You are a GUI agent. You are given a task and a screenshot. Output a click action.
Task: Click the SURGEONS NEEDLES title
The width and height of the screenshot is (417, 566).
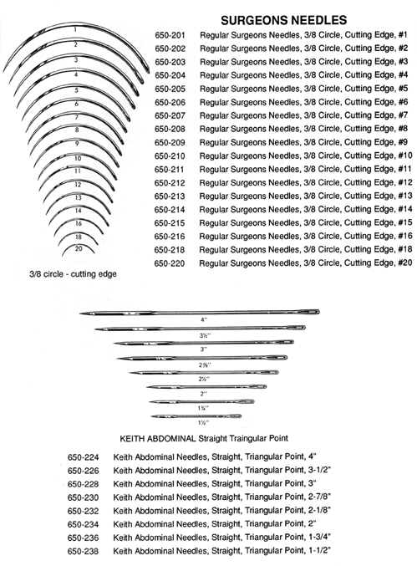284,20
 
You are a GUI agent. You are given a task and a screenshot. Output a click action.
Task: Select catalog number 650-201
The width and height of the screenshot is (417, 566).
170,35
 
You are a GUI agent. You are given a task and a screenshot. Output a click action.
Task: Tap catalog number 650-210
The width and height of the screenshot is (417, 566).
170,156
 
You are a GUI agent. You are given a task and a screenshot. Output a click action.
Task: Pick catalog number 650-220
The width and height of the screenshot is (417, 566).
169,263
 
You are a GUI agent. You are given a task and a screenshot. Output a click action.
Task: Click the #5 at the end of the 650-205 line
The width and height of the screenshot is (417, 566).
404,89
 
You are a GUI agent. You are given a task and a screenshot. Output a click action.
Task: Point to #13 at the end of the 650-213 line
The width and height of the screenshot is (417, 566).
405,196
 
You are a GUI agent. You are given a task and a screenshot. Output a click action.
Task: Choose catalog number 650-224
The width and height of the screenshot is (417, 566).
83,457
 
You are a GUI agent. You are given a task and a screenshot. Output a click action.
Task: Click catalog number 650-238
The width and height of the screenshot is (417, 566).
83,551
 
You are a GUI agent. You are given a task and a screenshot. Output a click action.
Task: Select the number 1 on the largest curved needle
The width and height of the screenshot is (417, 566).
75,29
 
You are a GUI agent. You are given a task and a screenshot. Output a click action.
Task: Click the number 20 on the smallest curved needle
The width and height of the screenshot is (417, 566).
79,248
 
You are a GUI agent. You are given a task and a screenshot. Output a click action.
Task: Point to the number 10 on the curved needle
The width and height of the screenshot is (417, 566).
78,159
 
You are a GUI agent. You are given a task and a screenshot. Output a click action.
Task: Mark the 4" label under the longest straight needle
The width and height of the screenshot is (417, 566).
204,319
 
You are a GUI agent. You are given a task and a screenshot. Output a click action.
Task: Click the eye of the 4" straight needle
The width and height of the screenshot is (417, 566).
310,311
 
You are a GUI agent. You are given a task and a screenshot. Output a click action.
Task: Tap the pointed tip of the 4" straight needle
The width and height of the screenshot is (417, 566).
80,314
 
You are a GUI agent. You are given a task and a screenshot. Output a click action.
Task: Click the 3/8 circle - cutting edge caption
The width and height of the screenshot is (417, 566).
73,274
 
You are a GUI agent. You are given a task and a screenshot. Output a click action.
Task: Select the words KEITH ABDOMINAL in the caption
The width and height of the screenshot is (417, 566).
157,439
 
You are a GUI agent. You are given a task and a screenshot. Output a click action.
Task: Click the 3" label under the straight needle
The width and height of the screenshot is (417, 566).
204,349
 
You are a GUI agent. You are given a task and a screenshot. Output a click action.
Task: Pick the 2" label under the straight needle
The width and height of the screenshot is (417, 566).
204,394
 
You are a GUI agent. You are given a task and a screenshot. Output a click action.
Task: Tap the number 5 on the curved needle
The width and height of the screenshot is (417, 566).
77,90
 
